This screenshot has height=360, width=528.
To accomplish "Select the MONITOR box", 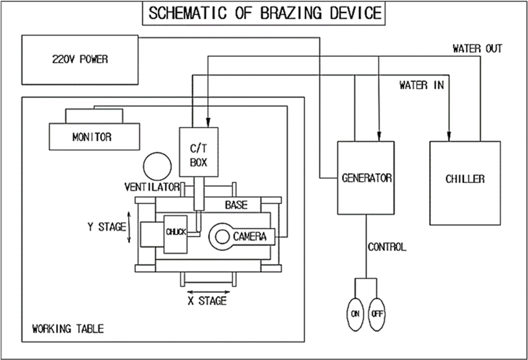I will (x=92, y=137).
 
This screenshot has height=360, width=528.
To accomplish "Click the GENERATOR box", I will (x=367, y=178).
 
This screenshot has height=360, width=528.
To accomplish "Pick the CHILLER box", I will (x=465, y=178).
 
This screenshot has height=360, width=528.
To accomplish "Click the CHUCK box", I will (x=176, y=232).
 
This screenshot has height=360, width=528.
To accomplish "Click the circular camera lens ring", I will (x=219, y=235).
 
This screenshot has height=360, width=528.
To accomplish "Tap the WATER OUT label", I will (x=477, y=49).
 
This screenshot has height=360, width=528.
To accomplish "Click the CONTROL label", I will (x=387, y=248).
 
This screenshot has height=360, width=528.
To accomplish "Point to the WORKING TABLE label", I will (x=67, y=328).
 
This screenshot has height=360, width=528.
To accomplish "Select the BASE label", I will (x=236, y=205).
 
